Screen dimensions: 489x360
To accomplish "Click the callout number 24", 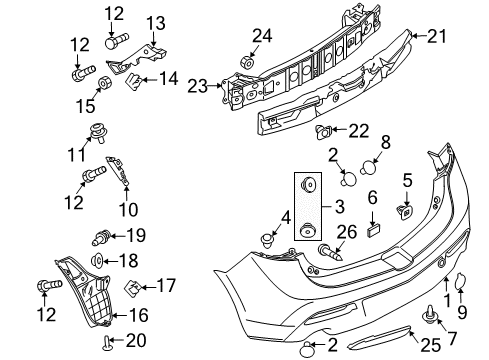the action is click(262, 36).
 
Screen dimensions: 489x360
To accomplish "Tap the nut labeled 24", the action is click(247, 62).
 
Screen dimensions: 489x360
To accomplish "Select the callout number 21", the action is click(436, 36).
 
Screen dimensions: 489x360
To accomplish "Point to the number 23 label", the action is click(197, 86).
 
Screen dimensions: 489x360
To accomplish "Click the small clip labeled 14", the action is click(134, 81).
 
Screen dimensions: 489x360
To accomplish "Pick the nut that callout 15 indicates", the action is click(105, 83).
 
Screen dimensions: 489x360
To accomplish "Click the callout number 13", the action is click(156, 23).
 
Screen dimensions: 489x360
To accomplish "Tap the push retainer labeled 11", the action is click(98, 132).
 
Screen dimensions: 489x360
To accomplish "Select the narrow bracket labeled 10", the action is click(118, 170).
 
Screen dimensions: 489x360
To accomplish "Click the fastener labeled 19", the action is click(101, 237).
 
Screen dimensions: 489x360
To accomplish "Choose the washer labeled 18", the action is click(98, 260).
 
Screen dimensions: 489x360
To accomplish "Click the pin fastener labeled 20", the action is click(107, 343).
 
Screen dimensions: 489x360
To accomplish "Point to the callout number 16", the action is click(138, 315).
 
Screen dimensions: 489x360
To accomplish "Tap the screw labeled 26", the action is click(330, 252).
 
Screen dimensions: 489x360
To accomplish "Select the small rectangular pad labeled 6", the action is click(374, 231).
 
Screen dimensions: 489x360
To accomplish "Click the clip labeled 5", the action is click(405, 212).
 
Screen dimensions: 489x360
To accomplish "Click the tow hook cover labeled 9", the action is click(460, 280).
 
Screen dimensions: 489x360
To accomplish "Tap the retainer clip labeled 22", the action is click(323, 132).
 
